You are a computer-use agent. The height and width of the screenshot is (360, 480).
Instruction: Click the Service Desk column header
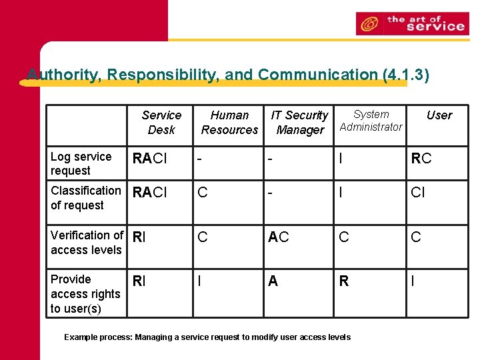(x=161, y=123)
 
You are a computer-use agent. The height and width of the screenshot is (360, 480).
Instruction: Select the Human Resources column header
(x=229, y=123)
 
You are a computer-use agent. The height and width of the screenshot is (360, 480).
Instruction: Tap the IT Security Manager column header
(x=299, y=123)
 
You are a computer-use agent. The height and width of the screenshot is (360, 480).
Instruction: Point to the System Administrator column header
(x=371, y=121)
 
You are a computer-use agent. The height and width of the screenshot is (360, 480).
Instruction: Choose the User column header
(x=439, y=115)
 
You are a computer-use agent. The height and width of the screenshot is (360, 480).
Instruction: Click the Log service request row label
(x=81, y=163)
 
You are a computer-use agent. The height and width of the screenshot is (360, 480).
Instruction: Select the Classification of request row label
(x=85, y=198)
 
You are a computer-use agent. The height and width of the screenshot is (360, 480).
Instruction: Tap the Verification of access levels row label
(x=87, y=243)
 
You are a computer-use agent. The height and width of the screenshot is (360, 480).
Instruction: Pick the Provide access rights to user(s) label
(x=85, y=293)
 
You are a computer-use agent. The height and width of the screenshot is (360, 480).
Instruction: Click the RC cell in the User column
(x=421, y=159)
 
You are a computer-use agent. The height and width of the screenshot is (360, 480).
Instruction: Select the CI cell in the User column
(x=417, y=193)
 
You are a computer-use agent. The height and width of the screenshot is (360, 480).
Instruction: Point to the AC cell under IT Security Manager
(x=278, y=237)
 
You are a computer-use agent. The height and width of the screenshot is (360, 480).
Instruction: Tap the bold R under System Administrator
(x=344, y=281)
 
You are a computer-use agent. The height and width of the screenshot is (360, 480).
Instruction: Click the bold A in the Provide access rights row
(x=273, y=281)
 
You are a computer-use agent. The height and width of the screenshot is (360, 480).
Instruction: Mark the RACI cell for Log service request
(x=149, y=159)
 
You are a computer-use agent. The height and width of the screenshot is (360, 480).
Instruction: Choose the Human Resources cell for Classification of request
(x=203, y=193)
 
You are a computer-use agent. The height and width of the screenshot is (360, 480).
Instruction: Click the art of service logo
(x=412, y=24)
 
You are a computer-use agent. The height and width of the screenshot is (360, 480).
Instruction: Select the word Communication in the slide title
(x=319, y=75)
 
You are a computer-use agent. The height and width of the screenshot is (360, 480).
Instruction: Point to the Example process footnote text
(x=207, y=337)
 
